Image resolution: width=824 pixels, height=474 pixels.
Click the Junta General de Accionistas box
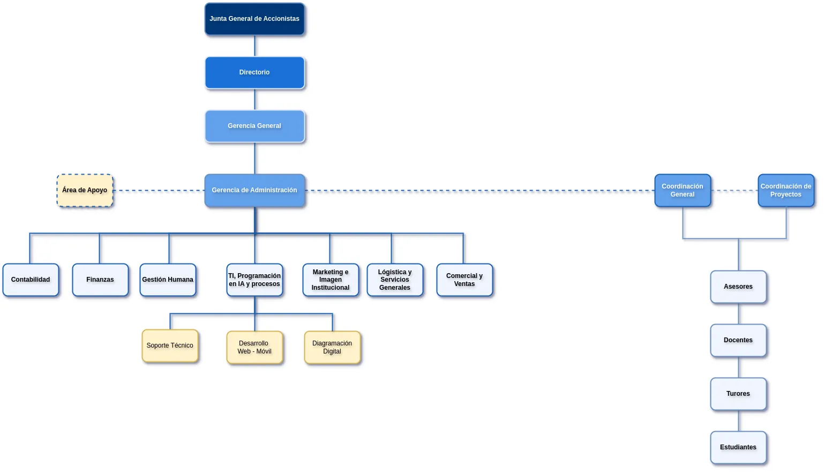coord(254,19)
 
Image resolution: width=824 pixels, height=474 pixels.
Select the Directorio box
coord(254,73)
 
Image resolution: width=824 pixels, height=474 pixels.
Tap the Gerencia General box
coord(254,126)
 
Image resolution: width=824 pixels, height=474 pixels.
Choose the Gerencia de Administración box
coord(254,191)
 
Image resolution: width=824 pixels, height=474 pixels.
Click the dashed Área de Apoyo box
coord(85,191)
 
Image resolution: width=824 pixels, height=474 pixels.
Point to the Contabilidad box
coord(31,280)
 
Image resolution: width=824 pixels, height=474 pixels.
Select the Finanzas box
coord(100,280)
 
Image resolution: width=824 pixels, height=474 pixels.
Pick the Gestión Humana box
coord(168,280)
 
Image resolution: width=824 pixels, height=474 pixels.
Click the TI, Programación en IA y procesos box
coord(254,280)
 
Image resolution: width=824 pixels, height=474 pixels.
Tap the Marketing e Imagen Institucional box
coord(331,280)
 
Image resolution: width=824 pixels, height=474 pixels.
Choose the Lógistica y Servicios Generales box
coord(395,280)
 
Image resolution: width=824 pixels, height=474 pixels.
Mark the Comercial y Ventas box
coord(465,280)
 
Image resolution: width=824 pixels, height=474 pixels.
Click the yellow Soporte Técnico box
coord(170,346)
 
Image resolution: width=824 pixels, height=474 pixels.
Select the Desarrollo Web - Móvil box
coord(254,348)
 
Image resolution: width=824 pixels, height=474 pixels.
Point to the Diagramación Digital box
coord(332,348)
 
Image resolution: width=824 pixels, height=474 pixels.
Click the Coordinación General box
coord(683,191)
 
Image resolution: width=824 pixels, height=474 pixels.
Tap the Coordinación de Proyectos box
coord(786,191)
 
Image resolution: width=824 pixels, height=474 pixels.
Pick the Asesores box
coord(738,287)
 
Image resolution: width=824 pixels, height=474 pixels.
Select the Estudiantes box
coord(738,448)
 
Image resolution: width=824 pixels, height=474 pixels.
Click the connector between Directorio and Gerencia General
coord(254,100)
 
